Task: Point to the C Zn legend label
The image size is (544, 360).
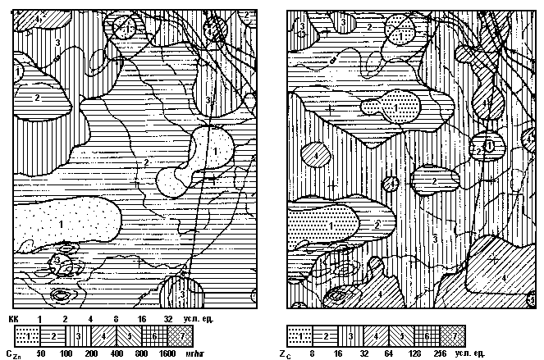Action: [13, 354]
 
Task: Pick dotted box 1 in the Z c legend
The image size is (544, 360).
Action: [300, 336]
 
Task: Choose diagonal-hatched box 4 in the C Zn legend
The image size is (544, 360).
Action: [105, 336]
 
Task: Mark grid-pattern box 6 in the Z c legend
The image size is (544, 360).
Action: [427, 336]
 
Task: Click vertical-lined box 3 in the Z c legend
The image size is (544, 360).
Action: [351, 336]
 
